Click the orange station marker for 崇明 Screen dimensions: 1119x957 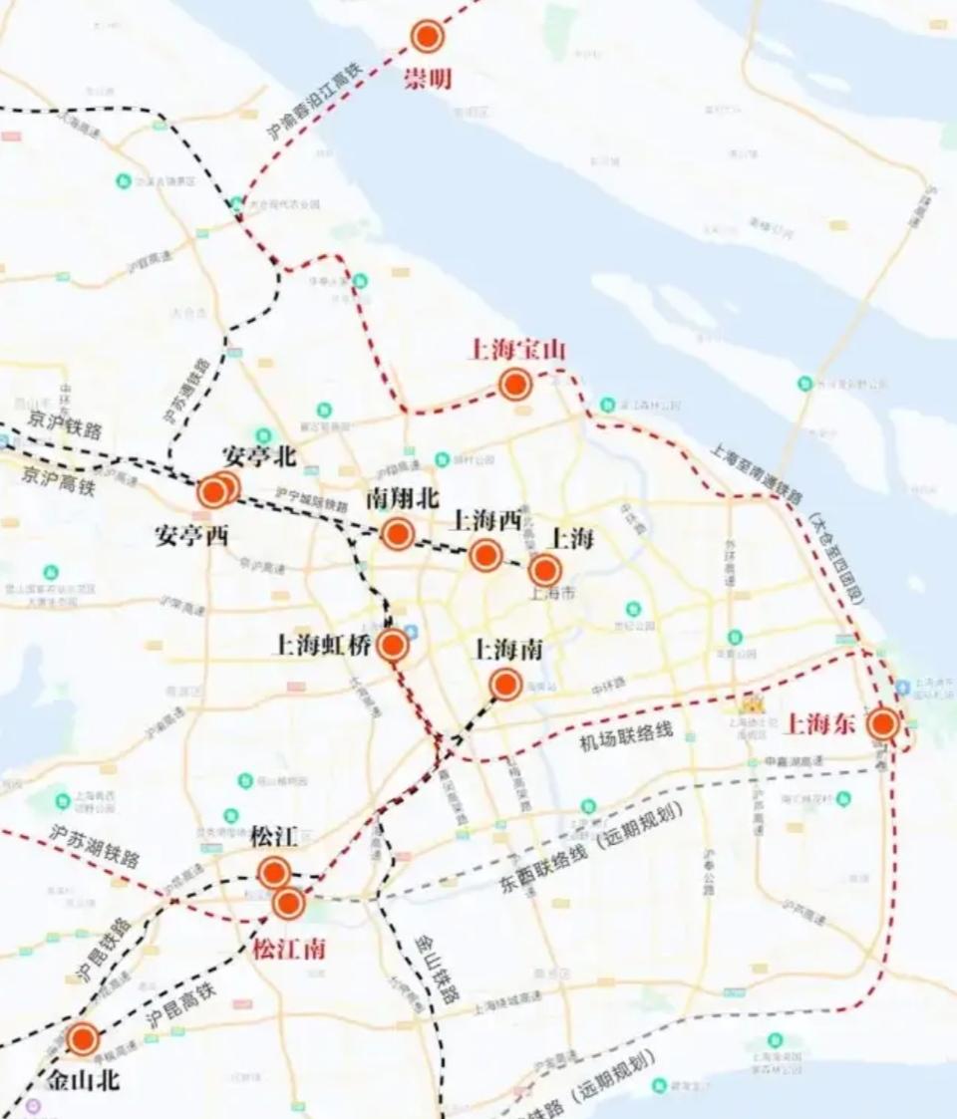(427, 37)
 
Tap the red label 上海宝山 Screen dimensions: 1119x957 (516, 350)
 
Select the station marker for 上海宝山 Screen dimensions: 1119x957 (514, 385)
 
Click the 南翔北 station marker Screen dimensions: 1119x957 (398, 534)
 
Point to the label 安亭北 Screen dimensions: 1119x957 (259, 456)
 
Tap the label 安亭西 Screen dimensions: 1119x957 (191, 535)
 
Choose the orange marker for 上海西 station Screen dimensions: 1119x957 (485, 555)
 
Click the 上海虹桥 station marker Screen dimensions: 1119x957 (393, 646)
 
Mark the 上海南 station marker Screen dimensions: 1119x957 (505, 685)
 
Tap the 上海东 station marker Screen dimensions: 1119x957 (882, 724)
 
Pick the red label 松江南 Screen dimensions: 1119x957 (288, 949)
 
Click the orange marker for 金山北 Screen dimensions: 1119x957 (83, 1040)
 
